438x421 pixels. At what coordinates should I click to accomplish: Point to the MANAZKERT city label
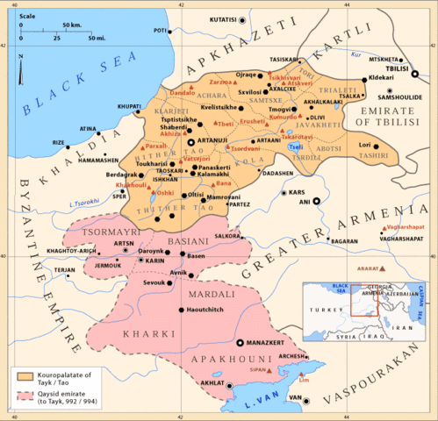point(266,342)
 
